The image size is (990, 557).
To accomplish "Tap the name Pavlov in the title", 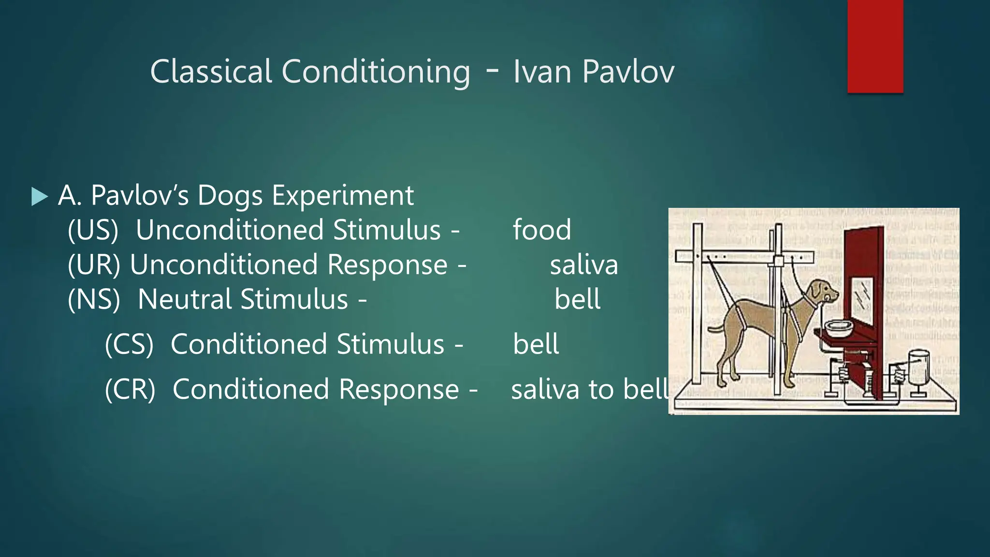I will point(628,72).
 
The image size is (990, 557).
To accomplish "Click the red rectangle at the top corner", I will point(875,46).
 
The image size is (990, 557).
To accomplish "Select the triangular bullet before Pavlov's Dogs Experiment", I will point(39,196).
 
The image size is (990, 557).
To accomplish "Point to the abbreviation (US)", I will point(93,230).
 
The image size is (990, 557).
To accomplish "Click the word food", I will point(541,230).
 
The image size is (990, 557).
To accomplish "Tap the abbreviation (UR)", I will point(94,265).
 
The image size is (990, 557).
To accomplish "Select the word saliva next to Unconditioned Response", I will point(583,265).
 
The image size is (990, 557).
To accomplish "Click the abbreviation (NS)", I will point(94,299).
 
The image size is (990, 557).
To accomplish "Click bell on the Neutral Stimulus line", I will point(577,299).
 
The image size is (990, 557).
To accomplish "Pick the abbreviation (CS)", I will point(129,344).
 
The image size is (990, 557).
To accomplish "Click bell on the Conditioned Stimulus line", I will point(536,344).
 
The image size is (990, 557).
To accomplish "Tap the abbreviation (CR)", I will point(130,389).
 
